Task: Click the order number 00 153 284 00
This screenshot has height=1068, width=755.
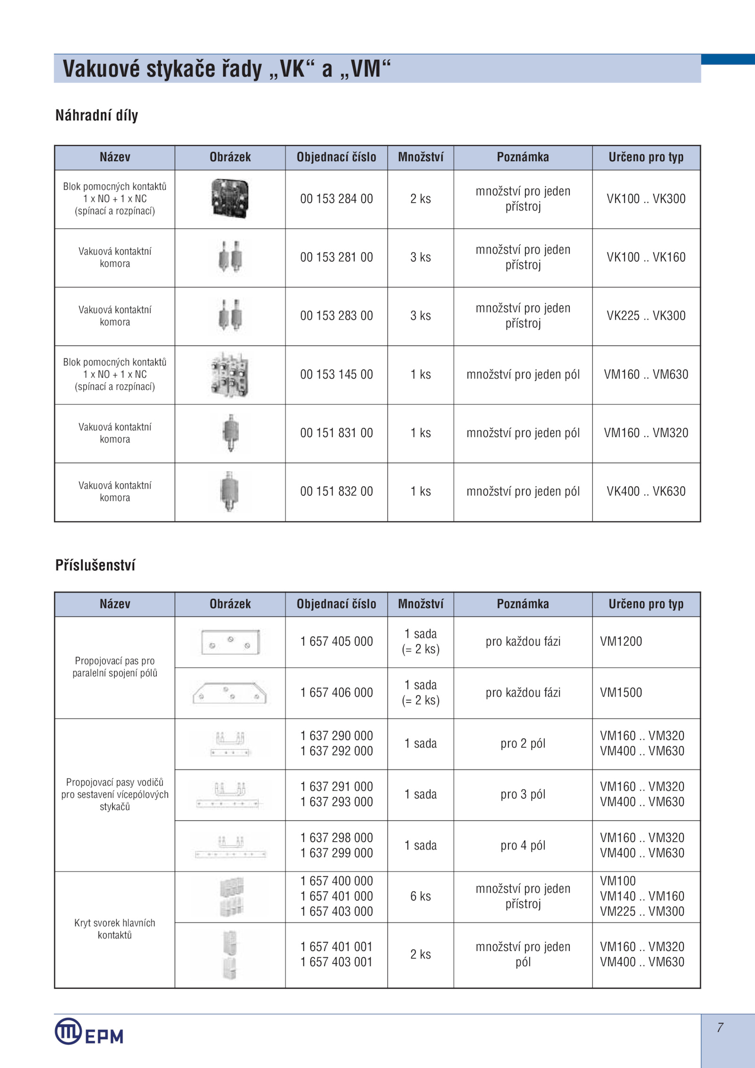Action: click(x=336, y=199)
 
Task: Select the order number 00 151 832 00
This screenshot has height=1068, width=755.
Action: click(x=336, y=492)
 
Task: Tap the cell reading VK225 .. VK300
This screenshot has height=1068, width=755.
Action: click(x=646, y=316)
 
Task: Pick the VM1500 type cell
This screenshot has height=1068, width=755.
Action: click(x=621, y=693)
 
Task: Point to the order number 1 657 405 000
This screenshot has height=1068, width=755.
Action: click(x=336, y=642)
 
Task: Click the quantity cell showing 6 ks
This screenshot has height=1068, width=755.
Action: click(x=420, y=897)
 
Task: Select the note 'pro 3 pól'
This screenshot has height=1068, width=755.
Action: click(x=523, y=795)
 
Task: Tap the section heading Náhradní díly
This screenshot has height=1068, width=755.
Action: click(x=97, y=115)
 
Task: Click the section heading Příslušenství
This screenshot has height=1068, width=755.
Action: click(x=95, y=565)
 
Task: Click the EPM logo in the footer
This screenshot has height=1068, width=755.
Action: click(x=89, y=1032)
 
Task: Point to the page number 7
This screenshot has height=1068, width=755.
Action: click(x=720, y=1027)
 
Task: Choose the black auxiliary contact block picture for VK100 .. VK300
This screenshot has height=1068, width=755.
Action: click(x=230, y=199)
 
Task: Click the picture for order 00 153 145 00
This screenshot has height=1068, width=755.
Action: click(x=230, y=375)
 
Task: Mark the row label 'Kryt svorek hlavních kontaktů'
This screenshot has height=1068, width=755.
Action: click(x=115, y=929)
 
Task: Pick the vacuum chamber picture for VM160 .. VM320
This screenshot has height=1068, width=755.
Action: click(x=230, y=433)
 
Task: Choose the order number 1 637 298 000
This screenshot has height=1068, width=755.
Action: click(x=336, y=838)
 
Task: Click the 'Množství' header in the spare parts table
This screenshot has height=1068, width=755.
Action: click(x=420, y=158)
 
